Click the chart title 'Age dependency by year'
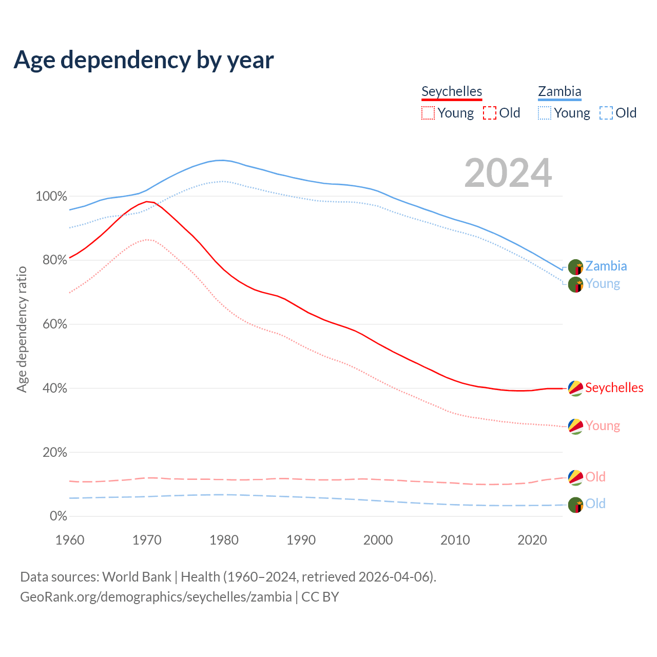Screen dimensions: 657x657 point(144,60)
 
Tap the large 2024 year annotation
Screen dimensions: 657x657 point(508,173)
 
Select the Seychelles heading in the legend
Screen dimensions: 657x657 point(452,91)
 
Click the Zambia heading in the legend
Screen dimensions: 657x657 point(559,91)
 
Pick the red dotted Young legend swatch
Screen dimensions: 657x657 point(428,113)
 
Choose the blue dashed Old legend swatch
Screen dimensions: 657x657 point(606,113)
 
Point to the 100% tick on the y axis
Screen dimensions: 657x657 point(51,197)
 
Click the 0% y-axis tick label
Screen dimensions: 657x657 point(58,516)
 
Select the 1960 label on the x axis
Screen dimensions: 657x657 point(70,540)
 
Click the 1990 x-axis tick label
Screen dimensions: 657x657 point(301,540)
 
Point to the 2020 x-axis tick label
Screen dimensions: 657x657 point(532,540)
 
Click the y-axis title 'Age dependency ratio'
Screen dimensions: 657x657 point(22,329)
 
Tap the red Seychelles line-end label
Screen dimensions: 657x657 point(614,388)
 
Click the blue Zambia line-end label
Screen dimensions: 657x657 point(606,266)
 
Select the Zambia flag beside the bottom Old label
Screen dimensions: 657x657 point(576,505)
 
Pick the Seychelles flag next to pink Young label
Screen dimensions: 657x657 point(576,426)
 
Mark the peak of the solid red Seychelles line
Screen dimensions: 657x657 point(147,202)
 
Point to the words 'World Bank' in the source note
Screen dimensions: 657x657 point(137,577)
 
